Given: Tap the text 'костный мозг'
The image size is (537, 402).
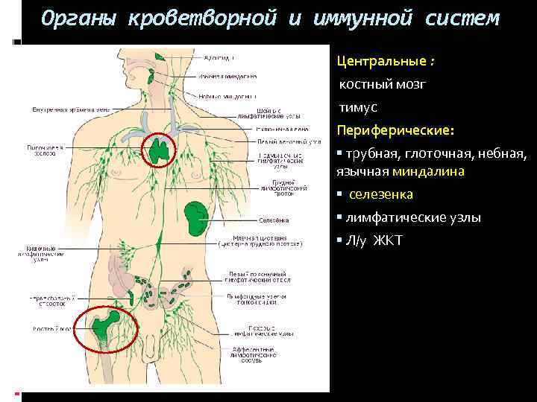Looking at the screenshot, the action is click(383, 84).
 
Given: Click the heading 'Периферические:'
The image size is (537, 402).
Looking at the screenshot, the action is click(395, 130).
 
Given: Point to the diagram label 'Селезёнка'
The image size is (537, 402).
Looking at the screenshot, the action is click(274, 220).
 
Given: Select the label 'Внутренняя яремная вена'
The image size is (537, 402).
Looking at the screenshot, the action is click(70, 109).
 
